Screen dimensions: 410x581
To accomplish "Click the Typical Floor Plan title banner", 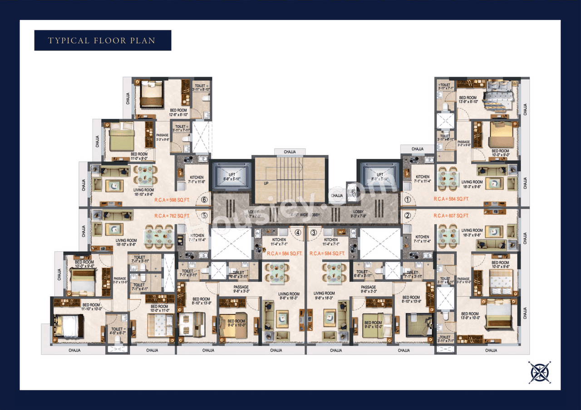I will [x=102, y=40].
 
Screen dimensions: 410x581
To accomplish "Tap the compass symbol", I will [x=540, y=372].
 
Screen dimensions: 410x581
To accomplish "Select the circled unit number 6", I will [x=204, y=199].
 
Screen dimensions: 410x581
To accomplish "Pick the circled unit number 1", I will [x=407, y=199].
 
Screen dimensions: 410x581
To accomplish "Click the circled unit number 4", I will [x=298, y=233].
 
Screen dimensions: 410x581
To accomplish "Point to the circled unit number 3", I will [x=313, y=233].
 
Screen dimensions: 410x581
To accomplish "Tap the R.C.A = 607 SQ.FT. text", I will [x=451, y=216].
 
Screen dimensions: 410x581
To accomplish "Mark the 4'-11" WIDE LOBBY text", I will [x=305, y=214].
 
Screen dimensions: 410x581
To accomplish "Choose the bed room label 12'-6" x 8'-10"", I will [x=178, y=113].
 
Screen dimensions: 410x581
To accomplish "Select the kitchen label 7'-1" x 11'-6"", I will [x=197, y=179].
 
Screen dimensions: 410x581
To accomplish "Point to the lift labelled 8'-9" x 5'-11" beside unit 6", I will [x=231, y=177].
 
